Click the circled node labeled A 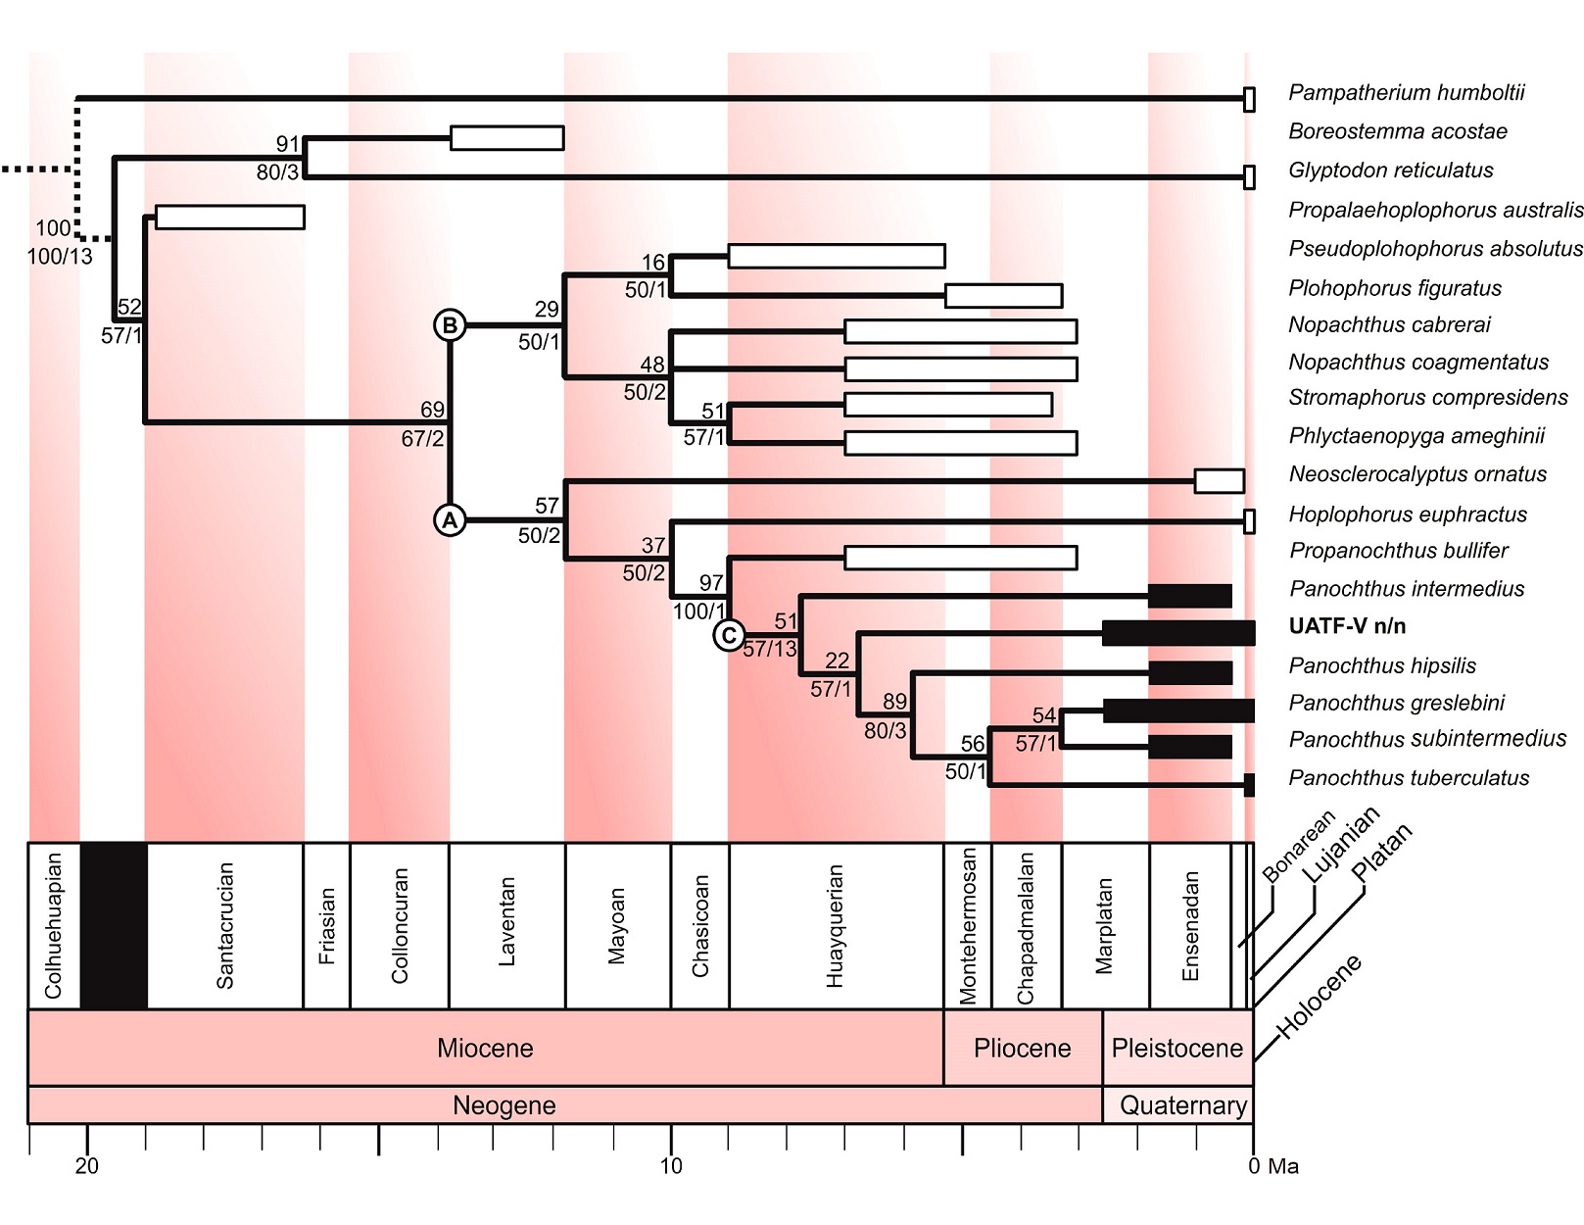click(x=450, y=520)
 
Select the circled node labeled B click(x=450, y=325)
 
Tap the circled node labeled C click(x=729, y=636)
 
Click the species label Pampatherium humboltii click(x=1406, y=93)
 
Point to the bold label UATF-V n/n click(x=1347, y=626)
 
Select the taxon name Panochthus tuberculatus click(x=1409, y=778)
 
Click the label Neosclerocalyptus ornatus click(x=1417, y=474)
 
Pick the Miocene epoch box click(x=485, y=1048)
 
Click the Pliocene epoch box click(x=1022, y=1048)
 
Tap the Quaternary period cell click(x=1182, y=1105)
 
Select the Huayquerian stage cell click(x=835, y=925)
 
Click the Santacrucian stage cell click(x=225, y=925)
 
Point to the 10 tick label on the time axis click(x=671, y=1166)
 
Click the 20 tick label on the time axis click(x=87, y=1166)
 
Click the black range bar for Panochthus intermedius click(x=1189, y=596)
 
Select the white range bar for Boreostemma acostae click(x=506, y=138)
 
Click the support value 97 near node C click(x=711, y=583)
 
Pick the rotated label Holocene click(x=1320, y=996)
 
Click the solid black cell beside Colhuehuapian click(x=114, y=925)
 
